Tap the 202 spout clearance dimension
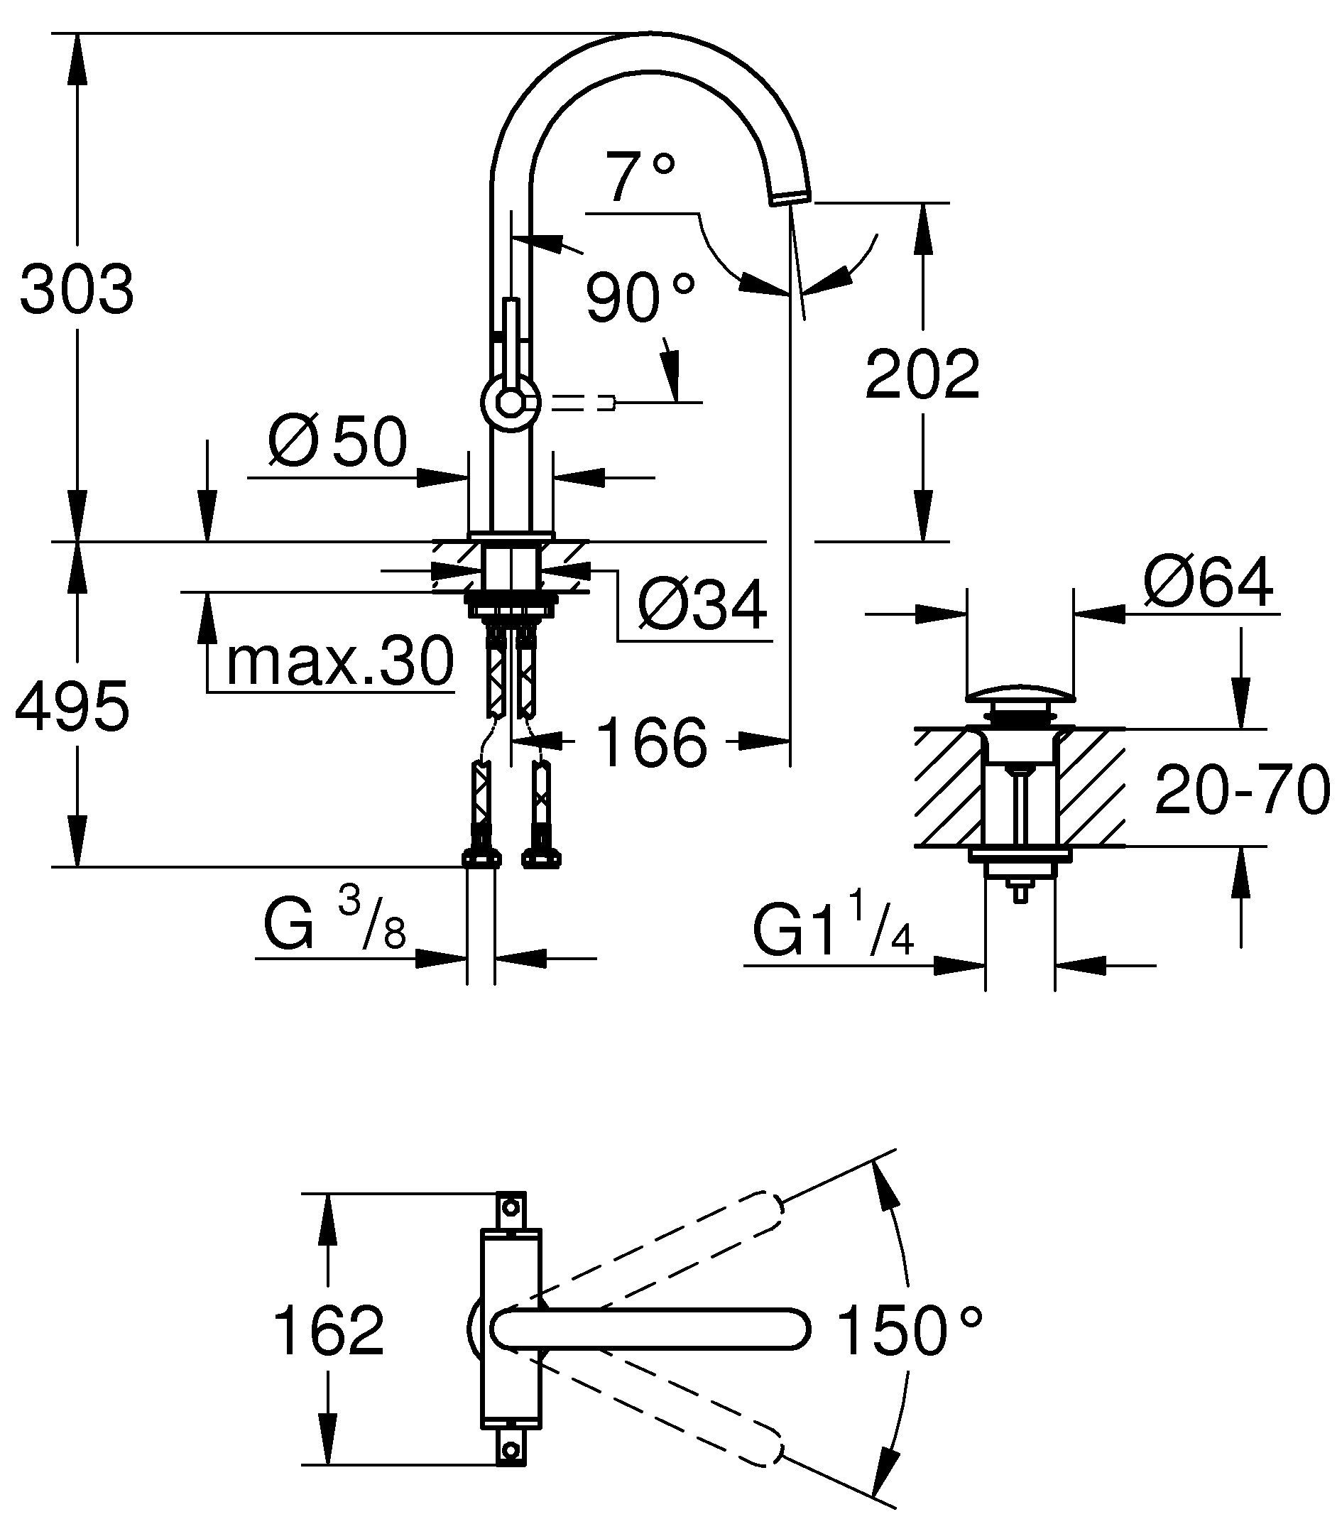(x=922, y=374)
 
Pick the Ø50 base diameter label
(x=337, y=441)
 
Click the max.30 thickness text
(x=340, y=661)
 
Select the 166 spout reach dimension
(x=653, y=742)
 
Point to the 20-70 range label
(x=1242, y=790)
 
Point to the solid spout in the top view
(x=651, y=1329)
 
